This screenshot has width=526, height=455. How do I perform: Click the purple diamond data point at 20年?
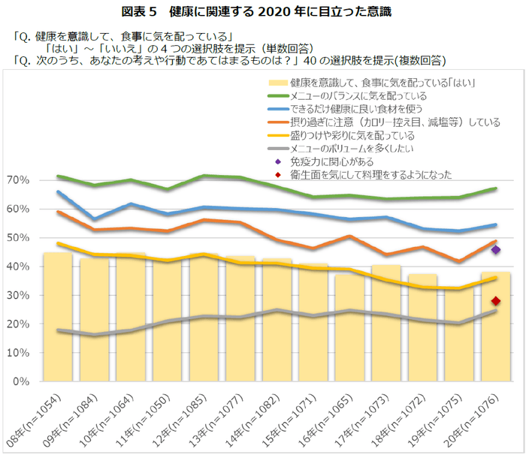click(x=496, y=249)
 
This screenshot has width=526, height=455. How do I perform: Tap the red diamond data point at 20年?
click(x=496, y=301)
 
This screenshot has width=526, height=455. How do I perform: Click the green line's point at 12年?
click(x=204, y=176)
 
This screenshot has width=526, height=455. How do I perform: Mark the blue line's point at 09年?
click(x=95, y=219)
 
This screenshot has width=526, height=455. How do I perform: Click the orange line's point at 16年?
click(x=350, y=236)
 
